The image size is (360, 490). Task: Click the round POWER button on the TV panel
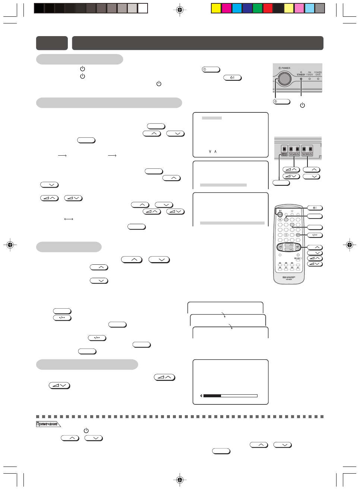point(284,79)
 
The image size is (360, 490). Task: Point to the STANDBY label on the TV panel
point(301,75)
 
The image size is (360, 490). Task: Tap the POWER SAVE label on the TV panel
point(318,73)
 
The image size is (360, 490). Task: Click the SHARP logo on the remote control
point(289,277)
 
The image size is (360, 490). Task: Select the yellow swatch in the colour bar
point(216,8)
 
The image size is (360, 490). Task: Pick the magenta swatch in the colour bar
point(227,8)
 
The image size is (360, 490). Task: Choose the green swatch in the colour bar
point(258,8)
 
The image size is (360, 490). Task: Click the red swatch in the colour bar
point(268,8)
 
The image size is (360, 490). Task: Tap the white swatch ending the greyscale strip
point(143,8)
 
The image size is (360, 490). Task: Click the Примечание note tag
point(47,424)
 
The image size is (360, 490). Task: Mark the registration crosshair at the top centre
point(180,10)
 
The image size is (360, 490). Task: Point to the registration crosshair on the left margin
point(10,245)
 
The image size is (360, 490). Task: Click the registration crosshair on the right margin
point(350,245)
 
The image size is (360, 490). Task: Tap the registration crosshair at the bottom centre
point(180,480)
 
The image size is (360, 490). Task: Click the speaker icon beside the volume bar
point(201,395)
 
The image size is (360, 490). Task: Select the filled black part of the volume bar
point(212,396)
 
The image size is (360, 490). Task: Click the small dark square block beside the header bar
point(52,43)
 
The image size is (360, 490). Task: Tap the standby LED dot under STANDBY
point(301,79)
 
